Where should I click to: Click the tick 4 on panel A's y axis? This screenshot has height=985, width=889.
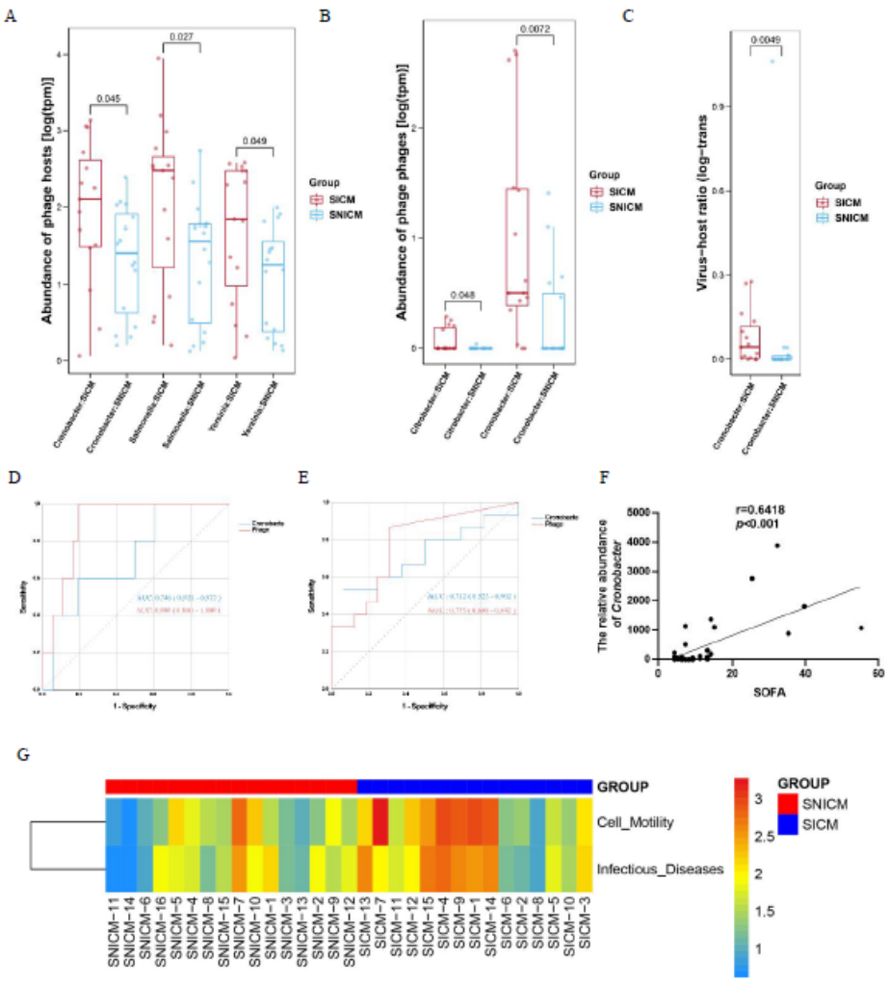[60, 54]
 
